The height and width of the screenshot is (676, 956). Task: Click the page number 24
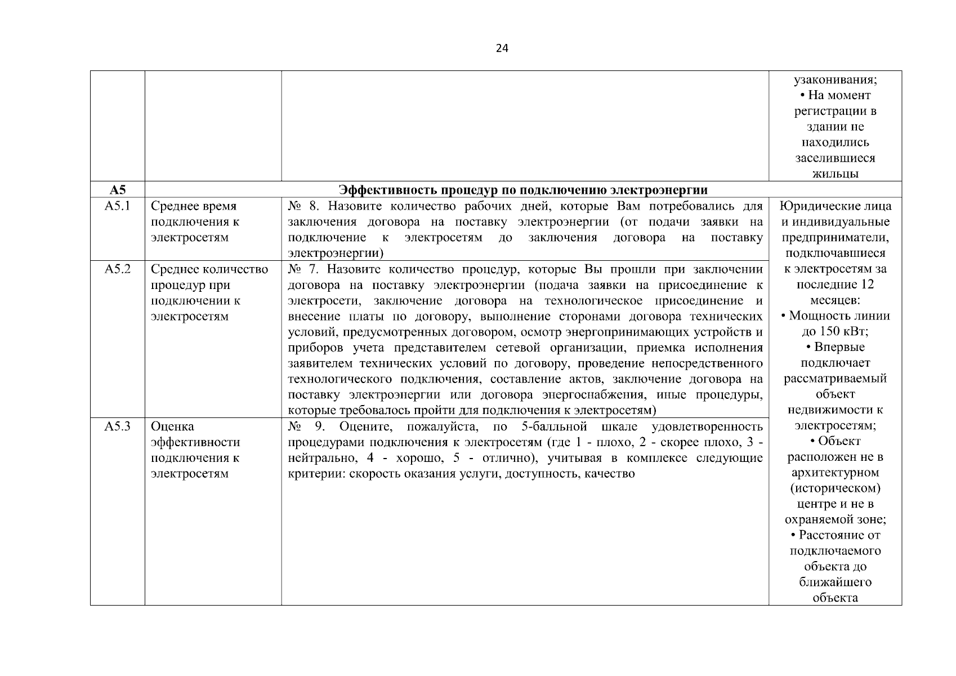point(502,48)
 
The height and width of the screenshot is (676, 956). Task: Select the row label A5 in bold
point(118,189)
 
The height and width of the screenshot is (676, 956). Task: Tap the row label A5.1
point(118,206)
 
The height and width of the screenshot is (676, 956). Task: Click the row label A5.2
point(118,269)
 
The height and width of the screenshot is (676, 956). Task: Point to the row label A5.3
point(118,426)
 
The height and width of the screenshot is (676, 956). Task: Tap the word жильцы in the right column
point(836,174)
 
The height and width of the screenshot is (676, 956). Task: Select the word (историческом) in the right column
point(836,488)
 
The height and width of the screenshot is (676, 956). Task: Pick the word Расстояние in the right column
point(839,535)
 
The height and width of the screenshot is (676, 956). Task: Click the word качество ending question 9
point(610,474)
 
